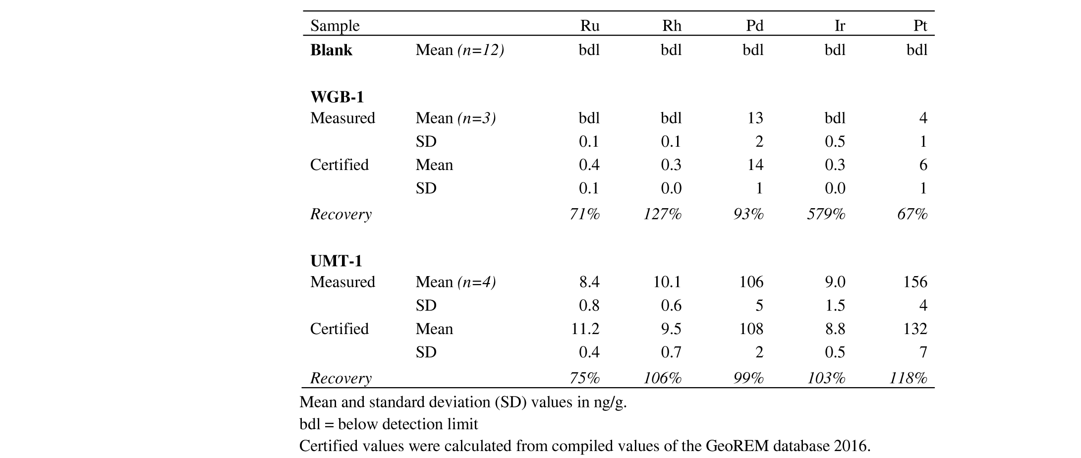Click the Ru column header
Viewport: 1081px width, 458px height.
click(590, 26)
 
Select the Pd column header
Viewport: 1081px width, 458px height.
click(755, 26)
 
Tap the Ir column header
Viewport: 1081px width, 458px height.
click(840, 26)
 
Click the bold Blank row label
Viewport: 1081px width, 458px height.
click(331, 50)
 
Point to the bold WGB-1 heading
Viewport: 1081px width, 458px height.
click(337, 97)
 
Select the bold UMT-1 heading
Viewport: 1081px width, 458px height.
click(336, 261)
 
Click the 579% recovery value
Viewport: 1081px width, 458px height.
click(826, 214)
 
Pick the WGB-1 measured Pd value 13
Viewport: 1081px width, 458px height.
click(755, 118)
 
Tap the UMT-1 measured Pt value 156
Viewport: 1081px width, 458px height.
click(915, 282)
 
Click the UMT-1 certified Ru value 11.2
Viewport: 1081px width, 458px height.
click(586, 329)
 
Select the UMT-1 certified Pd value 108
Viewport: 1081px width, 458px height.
click(751, 329)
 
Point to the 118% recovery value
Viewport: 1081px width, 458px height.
click(908, 378)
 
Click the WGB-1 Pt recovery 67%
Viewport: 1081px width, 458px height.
click(912, 214)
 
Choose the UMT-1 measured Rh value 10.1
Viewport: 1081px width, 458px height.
click(668, 282)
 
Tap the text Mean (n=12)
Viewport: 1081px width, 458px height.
click(460, 50)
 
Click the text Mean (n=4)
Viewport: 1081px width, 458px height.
click(456, 282)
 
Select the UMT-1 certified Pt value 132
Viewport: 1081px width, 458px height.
click(915, 329)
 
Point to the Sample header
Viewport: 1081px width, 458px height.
click(335, 26)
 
